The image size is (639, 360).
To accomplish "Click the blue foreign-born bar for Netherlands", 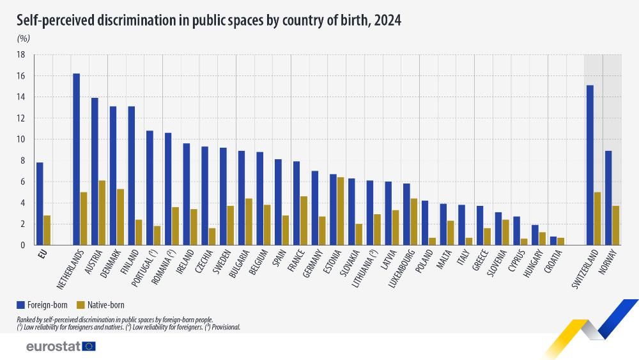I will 76,159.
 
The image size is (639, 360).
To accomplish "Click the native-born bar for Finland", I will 139,232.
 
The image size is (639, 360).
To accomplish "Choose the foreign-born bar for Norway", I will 608,198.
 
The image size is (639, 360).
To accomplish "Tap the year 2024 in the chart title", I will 388,20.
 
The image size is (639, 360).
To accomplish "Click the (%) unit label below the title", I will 23,38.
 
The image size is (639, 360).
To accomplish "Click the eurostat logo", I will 61,346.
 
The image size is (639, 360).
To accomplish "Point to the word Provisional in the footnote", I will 223,327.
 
